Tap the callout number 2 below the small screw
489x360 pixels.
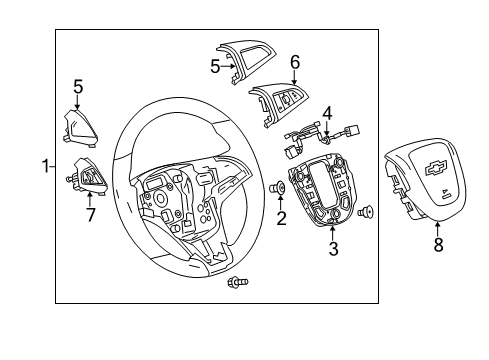(x=281, y=218)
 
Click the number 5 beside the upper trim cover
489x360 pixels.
(x=214, y=68)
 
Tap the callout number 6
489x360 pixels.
(x=294, y=62)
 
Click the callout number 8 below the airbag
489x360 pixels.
(x=437, y=245)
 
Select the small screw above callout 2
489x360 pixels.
(x=281, y=187)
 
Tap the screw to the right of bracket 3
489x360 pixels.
(x=366, y=210)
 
